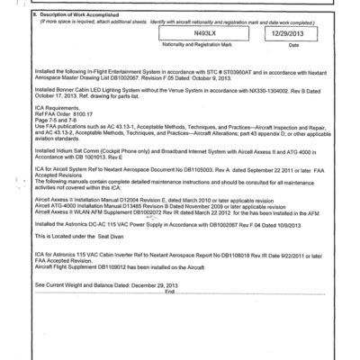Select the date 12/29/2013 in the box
coord(280,32)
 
